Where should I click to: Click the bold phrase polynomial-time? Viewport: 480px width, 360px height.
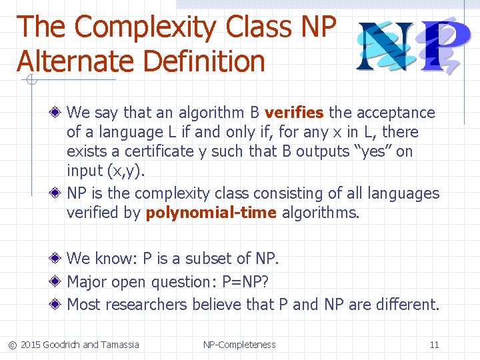coord(211,213)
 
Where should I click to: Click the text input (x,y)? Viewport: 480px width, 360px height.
coord(105,171)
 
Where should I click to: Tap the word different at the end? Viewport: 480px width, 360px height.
coord(407,305)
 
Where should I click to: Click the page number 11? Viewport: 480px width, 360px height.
coord(434,345)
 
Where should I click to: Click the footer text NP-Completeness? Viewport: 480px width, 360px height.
coord(239,345)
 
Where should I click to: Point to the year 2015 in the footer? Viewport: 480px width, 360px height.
coord(30,345)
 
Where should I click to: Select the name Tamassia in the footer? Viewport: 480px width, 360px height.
coord(120,345)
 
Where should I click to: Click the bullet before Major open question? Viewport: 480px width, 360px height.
coord(59,282)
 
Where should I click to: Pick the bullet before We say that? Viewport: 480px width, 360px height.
coord(59,113)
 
